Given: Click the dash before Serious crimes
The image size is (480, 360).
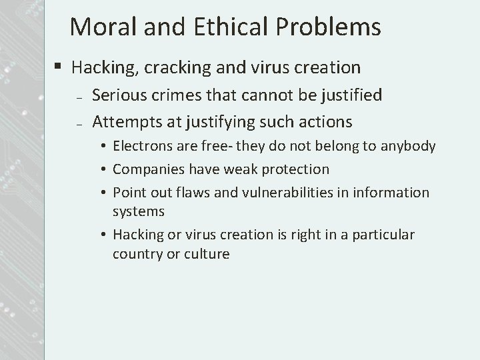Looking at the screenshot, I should point(79,97).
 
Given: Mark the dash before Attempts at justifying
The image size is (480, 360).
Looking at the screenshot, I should point(79,124).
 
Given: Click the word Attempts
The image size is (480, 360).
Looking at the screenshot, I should point(123,123).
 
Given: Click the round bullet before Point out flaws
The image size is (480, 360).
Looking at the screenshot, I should point(107,193).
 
